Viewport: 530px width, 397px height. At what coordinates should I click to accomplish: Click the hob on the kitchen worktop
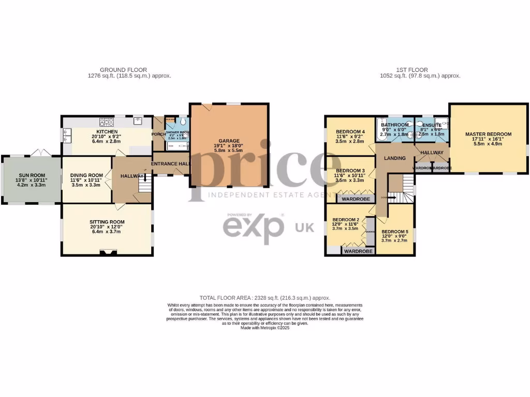pyautogui.click(x=107, y=122)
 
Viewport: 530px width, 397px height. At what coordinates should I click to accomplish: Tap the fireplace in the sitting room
pyautogui.click(x=107, y=253)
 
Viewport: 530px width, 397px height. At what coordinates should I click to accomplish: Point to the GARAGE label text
pyautogui.click(x=229, y=141)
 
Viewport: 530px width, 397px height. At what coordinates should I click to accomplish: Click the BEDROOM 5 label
pyautogui.click(x=394, y=232)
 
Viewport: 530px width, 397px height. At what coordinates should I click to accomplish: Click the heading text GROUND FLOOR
pyautogui.click(x=123, y=70)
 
